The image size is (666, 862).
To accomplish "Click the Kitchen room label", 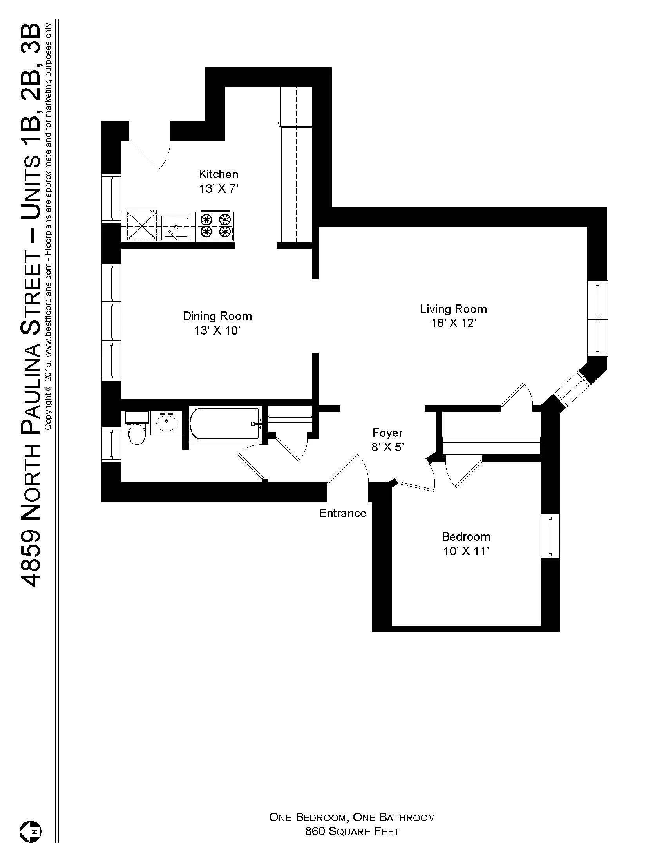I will [218, 174].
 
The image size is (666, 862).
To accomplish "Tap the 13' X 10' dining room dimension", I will [217, 331].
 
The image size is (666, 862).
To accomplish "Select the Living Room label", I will [453, 309].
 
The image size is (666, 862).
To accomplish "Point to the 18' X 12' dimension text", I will [454, 323].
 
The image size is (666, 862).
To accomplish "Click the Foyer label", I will [387, 433].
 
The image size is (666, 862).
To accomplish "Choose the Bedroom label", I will [466, 536].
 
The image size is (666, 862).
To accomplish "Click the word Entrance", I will [342, 513].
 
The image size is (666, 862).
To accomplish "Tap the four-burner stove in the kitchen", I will [215, 226].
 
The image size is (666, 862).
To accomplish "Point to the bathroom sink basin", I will [166, 424].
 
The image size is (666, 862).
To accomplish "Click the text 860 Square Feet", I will [352, 831].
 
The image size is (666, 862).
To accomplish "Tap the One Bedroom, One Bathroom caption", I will [352, 817].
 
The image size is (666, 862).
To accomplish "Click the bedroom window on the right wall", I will [550, 536].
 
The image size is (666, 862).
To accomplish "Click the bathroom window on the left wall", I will [111, 444].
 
